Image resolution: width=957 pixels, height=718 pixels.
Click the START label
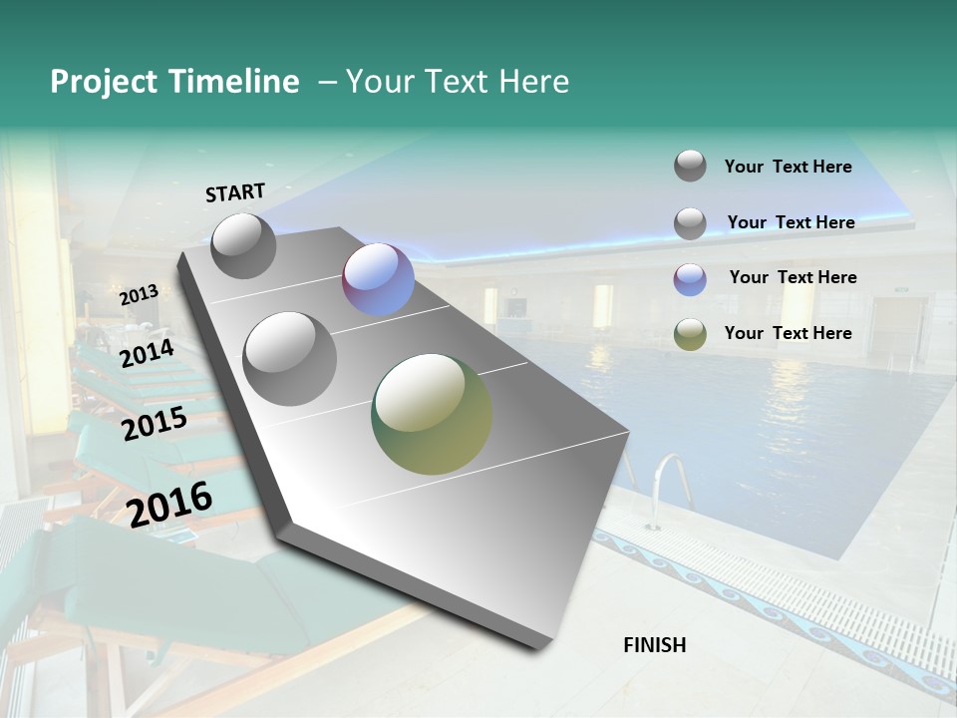[235, 191]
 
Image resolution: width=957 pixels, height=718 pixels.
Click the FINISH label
[654, 644]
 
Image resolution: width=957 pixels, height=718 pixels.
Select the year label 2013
[139, 294]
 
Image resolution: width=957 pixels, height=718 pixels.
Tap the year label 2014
[147, 353]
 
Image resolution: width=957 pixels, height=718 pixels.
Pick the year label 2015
[154, 424]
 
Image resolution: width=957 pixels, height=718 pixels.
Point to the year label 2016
[169, 504]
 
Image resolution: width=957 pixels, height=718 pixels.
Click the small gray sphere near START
[243, 245]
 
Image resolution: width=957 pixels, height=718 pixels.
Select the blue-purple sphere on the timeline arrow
[378, 279]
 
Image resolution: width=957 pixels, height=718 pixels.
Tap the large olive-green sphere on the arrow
[431, 414]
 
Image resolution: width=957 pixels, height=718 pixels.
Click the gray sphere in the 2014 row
[289, 358]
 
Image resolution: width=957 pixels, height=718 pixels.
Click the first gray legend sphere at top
[690, 167]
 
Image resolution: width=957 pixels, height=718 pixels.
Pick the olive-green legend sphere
[690, 333]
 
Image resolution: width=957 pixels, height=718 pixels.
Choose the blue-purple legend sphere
[690, 278]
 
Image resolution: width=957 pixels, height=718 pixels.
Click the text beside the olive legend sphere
[788, 333]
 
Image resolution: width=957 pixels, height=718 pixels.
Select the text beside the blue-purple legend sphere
[793, 277]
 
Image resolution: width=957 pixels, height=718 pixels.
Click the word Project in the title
[105, 82]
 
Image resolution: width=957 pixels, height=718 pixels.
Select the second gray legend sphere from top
[690, 222]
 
